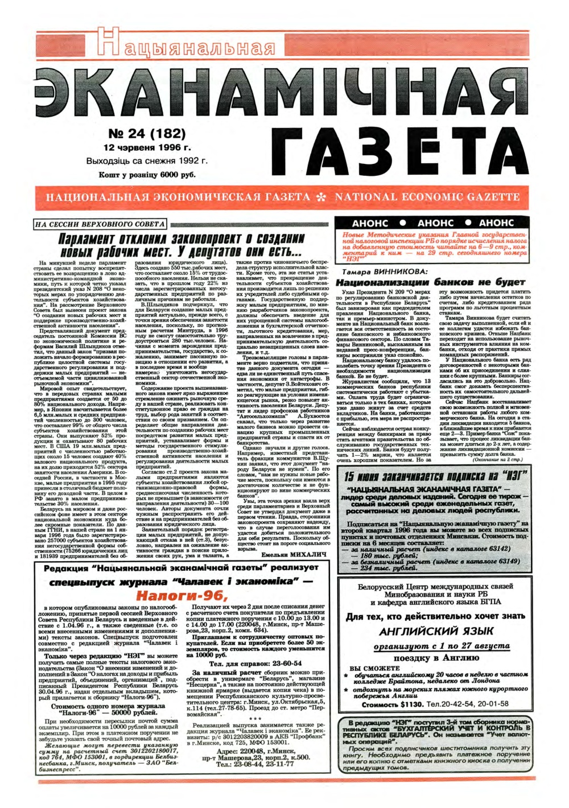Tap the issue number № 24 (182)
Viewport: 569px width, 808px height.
tap(146, 134)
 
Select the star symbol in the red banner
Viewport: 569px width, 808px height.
tap(322, 197)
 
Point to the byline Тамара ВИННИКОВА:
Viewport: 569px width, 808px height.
tap(385, 272)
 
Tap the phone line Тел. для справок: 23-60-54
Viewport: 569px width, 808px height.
tap(255, 663)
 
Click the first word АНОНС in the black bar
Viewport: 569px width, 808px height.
tap(370, 223)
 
